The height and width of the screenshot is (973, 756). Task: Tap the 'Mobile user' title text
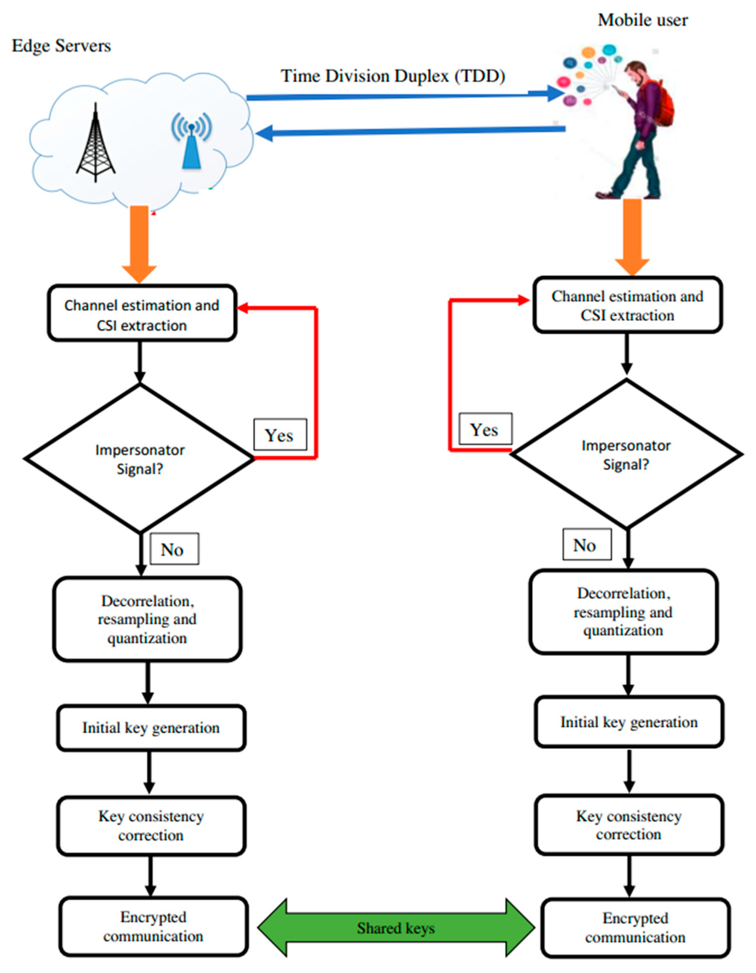coord(642,20)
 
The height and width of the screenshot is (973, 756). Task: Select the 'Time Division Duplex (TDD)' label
coord(393,76)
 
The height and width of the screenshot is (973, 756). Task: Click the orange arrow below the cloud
coord(139,243)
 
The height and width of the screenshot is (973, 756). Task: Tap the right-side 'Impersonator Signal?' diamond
coord(626,454)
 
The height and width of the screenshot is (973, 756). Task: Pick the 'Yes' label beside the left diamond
coord(280,435)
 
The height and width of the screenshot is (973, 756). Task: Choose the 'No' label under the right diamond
coord(586,545)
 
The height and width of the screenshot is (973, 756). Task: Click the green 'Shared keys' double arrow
coord(396,928)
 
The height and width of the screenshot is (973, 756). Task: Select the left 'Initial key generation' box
coord(151,728)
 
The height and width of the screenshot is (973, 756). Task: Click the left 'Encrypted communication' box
coord(153,927)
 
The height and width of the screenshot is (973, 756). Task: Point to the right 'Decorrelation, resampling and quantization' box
coord(623,612)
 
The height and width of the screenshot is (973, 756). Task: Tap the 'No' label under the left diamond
coord(174,549)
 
